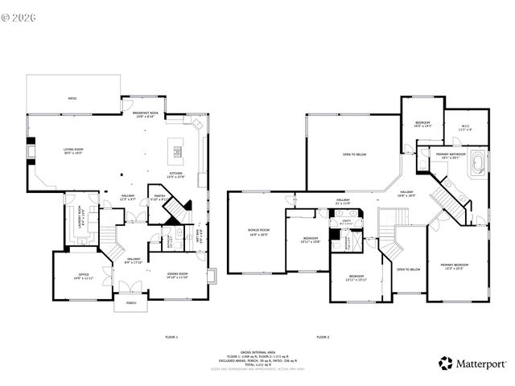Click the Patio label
72,98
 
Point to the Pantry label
159,198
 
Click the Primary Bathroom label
452,155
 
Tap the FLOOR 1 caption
171,336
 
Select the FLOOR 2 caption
323,336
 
